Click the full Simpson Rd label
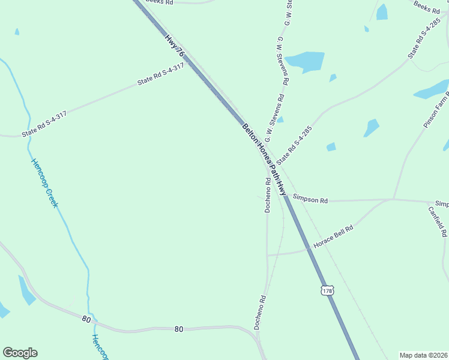click(311, 199)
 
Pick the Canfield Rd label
click(437, 220)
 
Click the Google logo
click(20, 353)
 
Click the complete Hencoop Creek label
click(45, 183)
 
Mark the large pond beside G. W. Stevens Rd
click(305, 61)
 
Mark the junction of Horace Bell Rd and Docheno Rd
click(268, 255)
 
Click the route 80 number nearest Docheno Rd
click(178, 329)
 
